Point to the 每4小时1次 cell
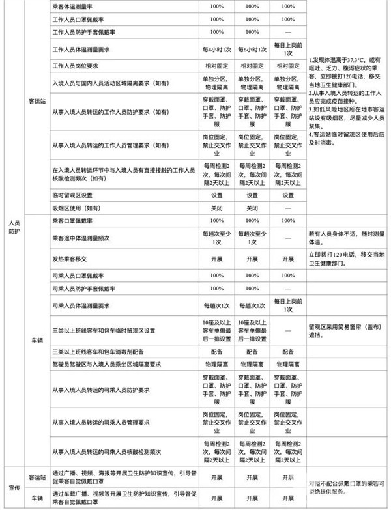[x=216, y=50]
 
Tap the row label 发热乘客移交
[x=70, y=258]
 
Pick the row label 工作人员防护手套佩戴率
[x=87, y=32]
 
